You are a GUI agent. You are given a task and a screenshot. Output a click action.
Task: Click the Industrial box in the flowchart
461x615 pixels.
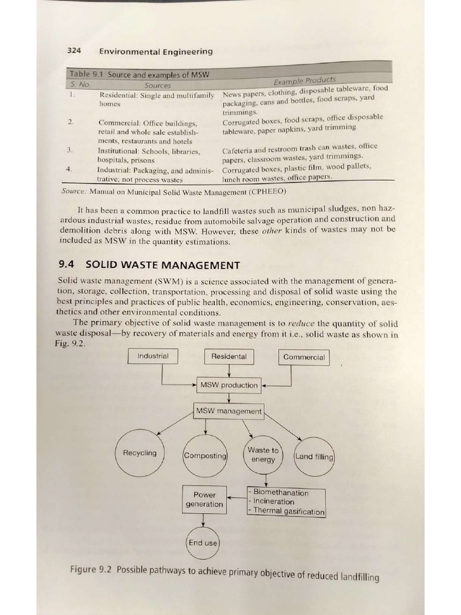pos(153,356)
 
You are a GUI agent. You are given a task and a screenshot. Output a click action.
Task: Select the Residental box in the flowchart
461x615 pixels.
pos(229,357)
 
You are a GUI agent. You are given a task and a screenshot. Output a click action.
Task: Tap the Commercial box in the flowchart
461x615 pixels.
pos(304,357)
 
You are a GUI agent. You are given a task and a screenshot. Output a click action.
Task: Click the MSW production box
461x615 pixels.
pos(229,385)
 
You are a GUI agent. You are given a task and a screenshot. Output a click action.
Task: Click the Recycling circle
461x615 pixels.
pos(139,453)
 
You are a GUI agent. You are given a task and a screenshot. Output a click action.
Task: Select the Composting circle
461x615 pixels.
pos(205,456)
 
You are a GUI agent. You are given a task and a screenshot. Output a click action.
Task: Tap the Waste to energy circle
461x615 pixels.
pos(263,455)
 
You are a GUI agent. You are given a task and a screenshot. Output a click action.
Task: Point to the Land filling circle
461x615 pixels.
pos(314,456)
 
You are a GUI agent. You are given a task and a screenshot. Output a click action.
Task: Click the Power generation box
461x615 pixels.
pos(205,500)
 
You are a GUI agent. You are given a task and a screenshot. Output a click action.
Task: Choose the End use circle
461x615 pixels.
pos(203,543)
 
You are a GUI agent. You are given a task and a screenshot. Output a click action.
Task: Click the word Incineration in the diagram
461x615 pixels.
pos(274,501)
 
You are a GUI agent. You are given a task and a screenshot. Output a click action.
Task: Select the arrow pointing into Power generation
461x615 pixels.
pos(237,497)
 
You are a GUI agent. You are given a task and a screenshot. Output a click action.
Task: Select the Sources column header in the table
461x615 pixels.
pos(158,86)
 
